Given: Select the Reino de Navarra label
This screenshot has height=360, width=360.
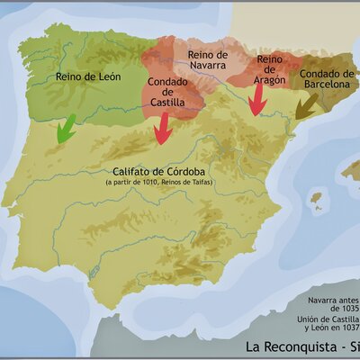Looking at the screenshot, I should tap(209, 60).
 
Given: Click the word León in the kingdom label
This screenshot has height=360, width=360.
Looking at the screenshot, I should tap(102, 76).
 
